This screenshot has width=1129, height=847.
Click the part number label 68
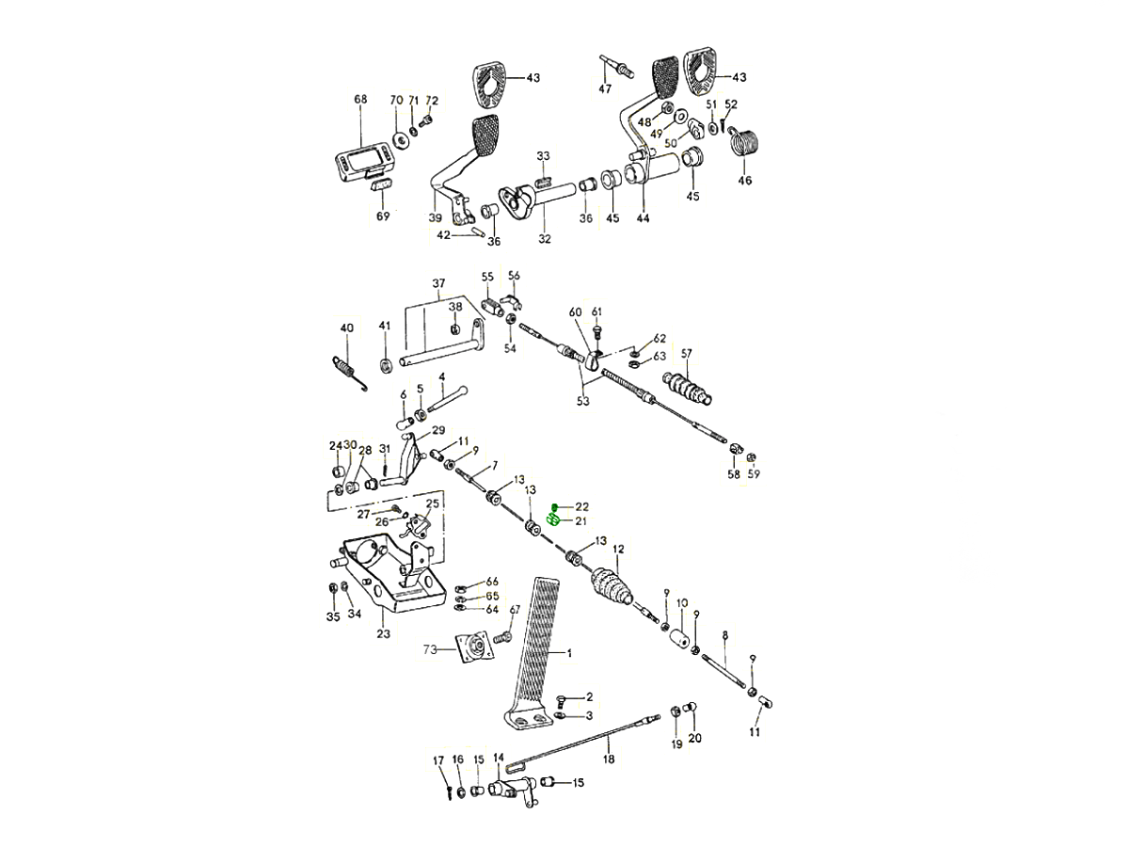point(360,99)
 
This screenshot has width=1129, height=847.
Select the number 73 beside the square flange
point(429,650)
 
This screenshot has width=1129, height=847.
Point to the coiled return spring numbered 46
point(746,144)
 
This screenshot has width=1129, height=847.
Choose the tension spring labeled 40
point(347,366)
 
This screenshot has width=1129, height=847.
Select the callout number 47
point(605,89)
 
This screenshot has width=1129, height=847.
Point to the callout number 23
point(384,634)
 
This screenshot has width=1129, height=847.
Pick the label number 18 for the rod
point(609,759)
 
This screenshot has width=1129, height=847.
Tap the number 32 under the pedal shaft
point(545,239)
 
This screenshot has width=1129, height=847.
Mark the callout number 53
point(583,402)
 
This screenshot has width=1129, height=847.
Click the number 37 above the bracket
point(437,283)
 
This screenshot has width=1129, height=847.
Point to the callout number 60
point(576,312)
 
